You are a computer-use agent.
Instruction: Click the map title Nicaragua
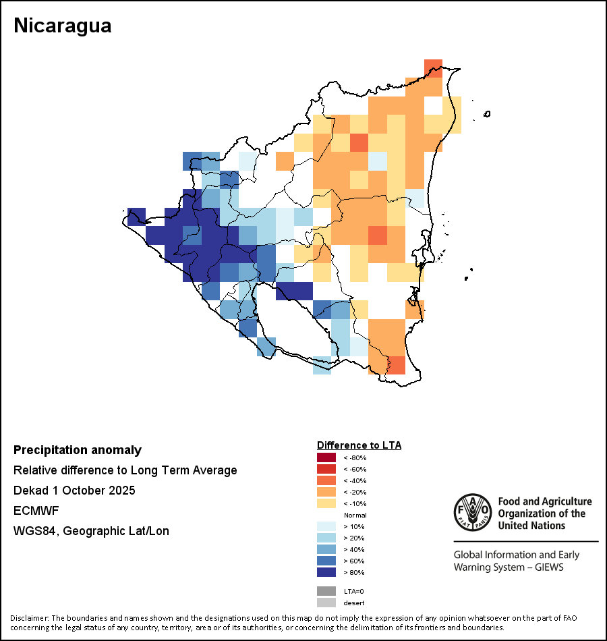pos(63,26)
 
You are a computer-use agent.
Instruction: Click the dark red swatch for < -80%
pos(326,457)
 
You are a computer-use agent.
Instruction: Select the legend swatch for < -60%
pos(326,469)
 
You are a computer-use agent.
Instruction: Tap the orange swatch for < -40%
pos(326,480)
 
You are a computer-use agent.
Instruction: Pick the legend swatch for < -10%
pos(326,503)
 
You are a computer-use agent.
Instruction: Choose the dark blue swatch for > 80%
pos(326,572)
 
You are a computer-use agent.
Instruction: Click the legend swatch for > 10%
pos(326,526)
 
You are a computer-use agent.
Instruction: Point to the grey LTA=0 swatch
pos(326,591)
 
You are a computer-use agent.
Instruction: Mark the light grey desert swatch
pos(326,603)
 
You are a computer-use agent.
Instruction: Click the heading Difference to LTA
pos(359,445)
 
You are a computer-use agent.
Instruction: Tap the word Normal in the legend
pos(355,515)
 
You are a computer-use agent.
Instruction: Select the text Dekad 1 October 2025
pos(74,491)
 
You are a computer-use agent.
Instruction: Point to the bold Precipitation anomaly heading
pos(78,450)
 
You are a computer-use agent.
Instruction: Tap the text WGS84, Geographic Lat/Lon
pos(91,531)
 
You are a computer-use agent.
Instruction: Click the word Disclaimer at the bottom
pos(29,618)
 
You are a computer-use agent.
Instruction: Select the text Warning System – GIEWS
pos(508,567)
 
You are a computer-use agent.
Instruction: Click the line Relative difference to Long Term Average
pos(125,470)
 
